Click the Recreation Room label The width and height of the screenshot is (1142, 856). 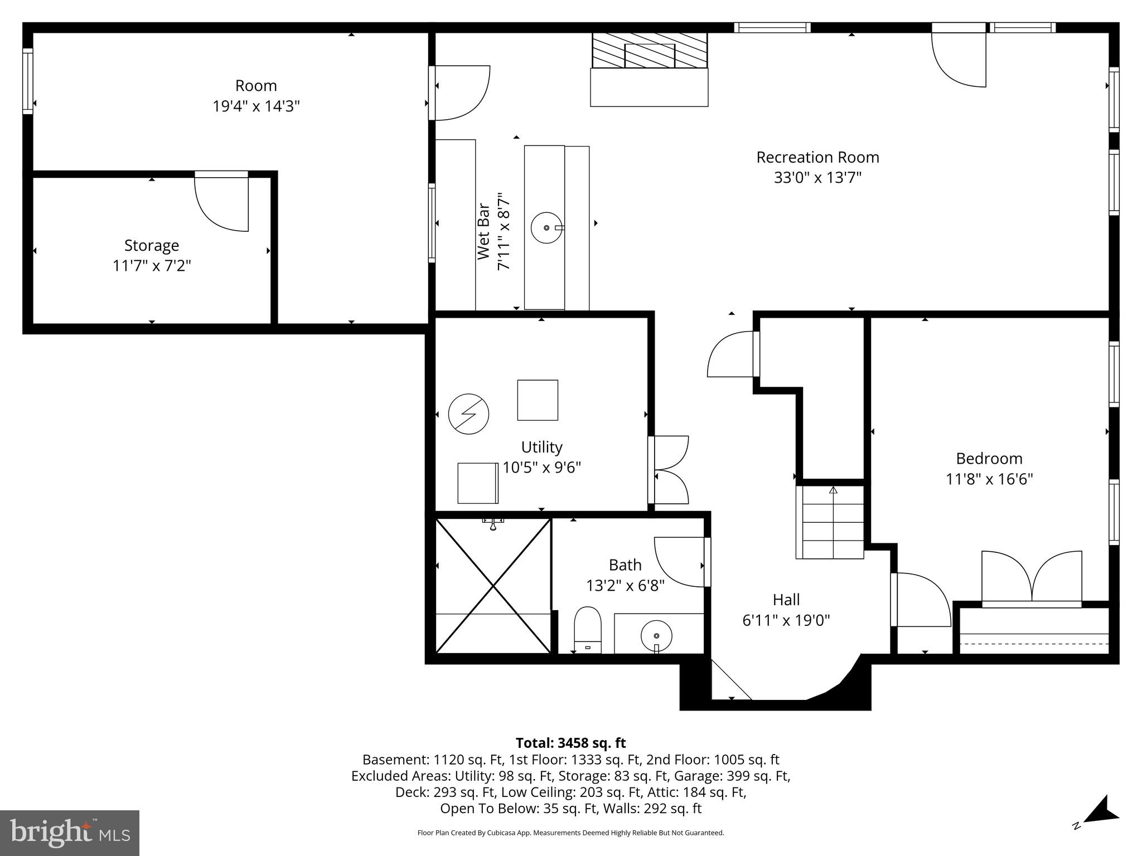(x=817, y=158)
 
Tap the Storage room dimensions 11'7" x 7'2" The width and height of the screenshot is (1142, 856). (x=152, y=266)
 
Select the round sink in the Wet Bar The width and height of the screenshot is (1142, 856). (x=546, y=227)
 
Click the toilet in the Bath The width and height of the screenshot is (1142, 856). (x=588, y=630)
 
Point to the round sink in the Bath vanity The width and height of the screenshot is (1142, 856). (x=656, y=635)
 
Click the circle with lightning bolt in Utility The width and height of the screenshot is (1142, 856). (x=468, y=414)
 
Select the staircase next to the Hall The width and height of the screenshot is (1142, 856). (x=830, y=523)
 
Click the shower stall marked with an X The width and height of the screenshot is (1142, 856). (x=493, y=585)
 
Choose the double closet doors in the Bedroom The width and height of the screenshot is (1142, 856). (x=1032, y=577)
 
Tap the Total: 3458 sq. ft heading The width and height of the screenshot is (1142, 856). (x=570, y=743)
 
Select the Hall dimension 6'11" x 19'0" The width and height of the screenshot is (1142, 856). (x=786, y=620)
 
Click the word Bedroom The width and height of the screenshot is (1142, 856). (x=989, y=459)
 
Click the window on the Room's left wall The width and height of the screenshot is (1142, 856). (x=27, y=81)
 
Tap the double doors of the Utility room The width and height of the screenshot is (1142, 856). (x=669, y=470)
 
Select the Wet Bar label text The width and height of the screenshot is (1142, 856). (x=483, y=231)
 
